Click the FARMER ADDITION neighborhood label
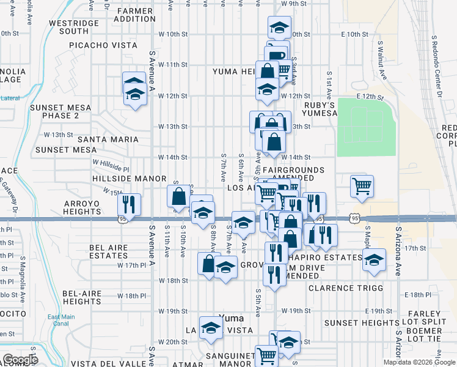click(135, 15)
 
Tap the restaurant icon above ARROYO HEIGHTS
click(129, 203)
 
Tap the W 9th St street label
click(293, 4)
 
